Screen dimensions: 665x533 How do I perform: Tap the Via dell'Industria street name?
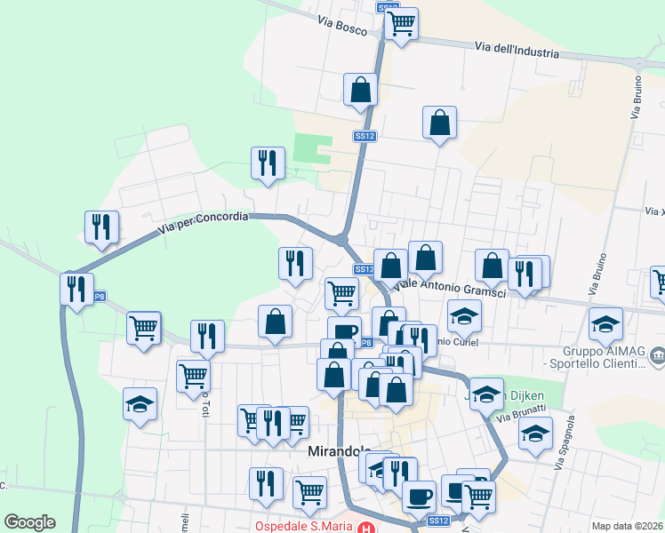pyautogui.click(x=517, y=50)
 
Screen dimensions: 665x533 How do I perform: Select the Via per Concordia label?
pyautogui.click(x=204, y=222)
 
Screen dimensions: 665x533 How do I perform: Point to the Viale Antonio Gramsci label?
pyautogui.click(x=449, y=288)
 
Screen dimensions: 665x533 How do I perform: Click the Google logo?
pyautogui.click(x=29, y=522)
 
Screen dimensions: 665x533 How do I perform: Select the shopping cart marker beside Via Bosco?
pyautogui.click(x=402, y=23)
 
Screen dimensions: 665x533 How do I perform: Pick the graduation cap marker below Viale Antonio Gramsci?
pyautogui.click(x=464, y=315)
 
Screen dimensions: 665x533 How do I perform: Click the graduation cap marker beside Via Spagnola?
pyautogui.click(x=535, y=434)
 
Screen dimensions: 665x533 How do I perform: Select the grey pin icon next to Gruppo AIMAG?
pyautogui.click(x=657, y=357)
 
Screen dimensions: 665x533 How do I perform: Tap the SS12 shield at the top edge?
pyautogui.click(x=387, y=7)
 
